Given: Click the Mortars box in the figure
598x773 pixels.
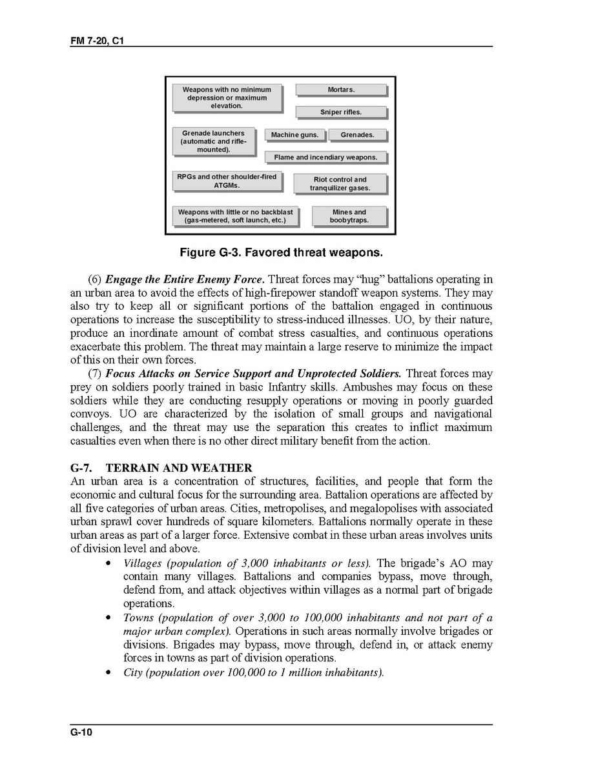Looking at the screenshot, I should coord(341,90).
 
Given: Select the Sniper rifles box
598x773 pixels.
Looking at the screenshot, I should coord(341,112).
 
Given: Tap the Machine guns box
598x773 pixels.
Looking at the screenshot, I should coord(294,135).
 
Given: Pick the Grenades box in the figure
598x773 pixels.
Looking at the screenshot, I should coord(357,135).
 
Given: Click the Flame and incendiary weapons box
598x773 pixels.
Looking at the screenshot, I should coord(325,157).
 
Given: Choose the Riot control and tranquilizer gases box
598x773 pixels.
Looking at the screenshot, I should coord(340,184).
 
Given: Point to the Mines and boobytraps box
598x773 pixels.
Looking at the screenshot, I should coord(349,216).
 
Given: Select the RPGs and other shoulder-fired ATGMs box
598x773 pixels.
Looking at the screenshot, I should coord(227,181).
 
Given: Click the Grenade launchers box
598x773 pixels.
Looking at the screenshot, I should coord(213,141).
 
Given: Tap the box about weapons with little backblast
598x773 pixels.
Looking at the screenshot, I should coord(235,216).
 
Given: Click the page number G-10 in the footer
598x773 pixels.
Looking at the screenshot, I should coord(82,732).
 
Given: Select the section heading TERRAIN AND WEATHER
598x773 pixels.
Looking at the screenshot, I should coord(178,468).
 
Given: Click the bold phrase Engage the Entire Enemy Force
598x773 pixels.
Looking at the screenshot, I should coord(184,279).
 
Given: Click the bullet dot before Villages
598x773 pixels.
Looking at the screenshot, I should coord(109,564).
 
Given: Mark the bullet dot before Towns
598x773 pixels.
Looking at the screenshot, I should coord(109,618).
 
